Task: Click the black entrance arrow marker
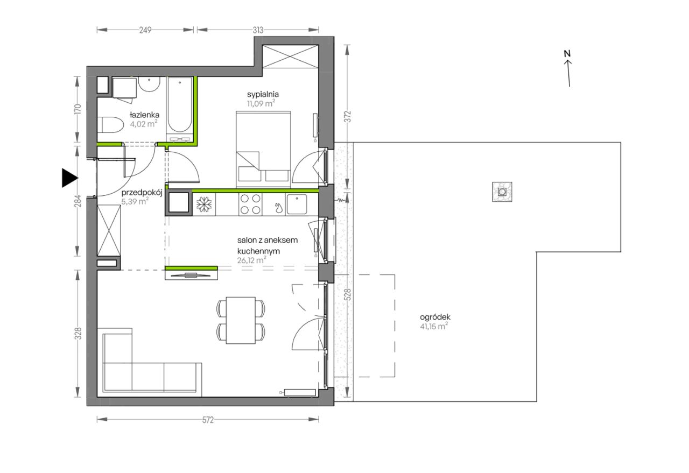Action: tap(69, 178)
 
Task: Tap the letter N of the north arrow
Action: tap(567, 53)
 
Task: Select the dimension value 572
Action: tap(208, 420)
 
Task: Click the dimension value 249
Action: tap(145, 30)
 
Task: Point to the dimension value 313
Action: tap(258, 30)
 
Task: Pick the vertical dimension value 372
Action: tap(348, 117)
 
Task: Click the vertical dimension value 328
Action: tap(79, 334)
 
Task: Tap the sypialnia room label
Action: tap(263, 94)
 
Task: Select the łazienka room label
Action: tap(145, 115)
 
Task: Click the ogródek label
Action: tap(435, 317)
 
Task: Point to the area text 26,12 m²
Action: tap(251, 260)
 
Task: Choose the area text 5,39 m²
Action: tap(135, 202)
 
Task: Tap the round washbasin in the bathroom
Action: tap(149, 84)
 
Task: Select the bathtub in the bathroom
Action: tap(180, 109)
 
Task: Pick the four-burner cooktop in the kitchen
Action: tap(250, 204)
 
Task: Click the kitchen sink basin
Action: tap(297, 204)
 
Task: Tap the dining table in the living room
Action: tap(241, 320)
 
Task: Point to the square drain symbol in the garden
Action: tap(502, 192)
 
